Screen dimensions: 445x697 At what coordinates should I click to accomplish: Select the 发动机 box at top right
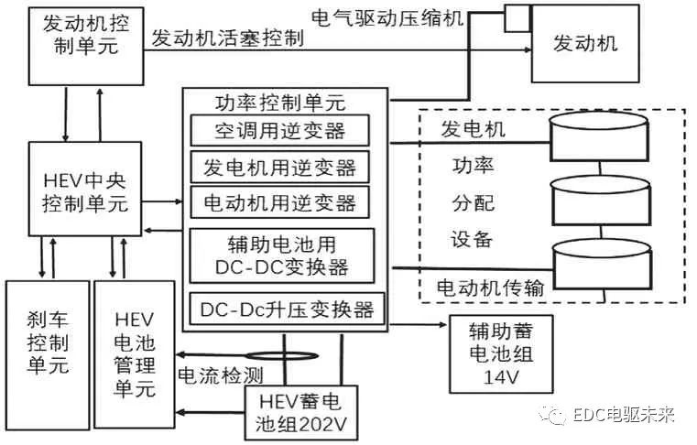tap(586, 42)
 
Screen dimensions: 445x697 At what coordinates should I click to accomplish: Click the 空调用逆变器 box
tap(279, 130)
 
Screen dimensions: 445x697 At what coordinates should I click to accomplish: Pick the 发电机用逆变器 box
tap(279, 167)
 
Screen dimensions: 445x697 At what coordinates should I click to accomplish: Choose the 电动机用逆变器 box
tap(279, 201)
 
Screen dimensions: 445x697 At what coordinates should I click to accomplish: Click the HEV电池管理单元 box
tap(133, 353)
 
